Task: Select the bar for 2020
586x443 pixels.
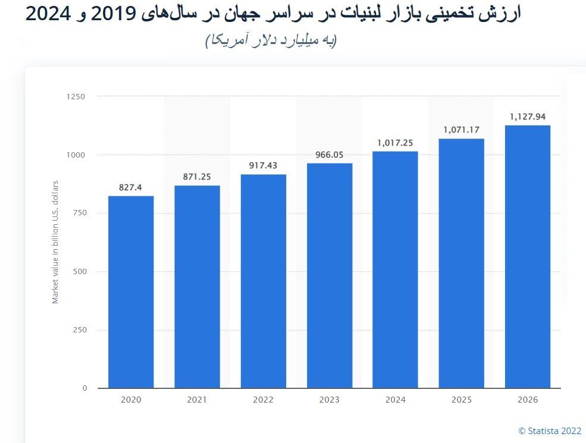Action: tap(131, 292)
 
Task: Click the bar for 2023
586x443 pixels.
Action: tap(329, 275)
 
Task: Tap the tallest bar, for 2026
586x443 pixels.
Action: tap(527, 256)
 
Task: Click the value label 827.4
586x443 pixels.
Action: tap(131, 187)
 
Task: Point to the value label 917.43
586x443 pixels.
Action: tap(263, 165)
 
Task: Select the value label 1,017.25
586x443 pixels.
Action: tap(395, 143)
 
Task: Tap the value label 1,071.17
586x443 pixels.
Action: tap(461, 129)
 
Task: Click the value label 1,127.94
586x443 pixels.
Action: tap(527, 117)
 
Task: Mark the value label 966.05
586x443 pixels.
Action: tap(329, 154)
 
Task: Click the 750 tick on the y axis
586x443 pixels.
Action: tap(80, 213)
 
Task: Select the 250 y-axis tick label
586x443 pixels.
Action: tap(80, 330)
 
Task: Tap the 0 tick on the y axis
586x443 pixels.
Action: tap(84, 388)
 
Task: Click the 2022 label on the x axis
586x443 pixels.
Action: tap(263, 400)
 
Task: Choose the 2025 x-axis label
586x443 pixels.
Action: tap(461, 400)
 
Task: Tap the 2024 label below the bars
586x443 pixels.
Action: tap(395, 400)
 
